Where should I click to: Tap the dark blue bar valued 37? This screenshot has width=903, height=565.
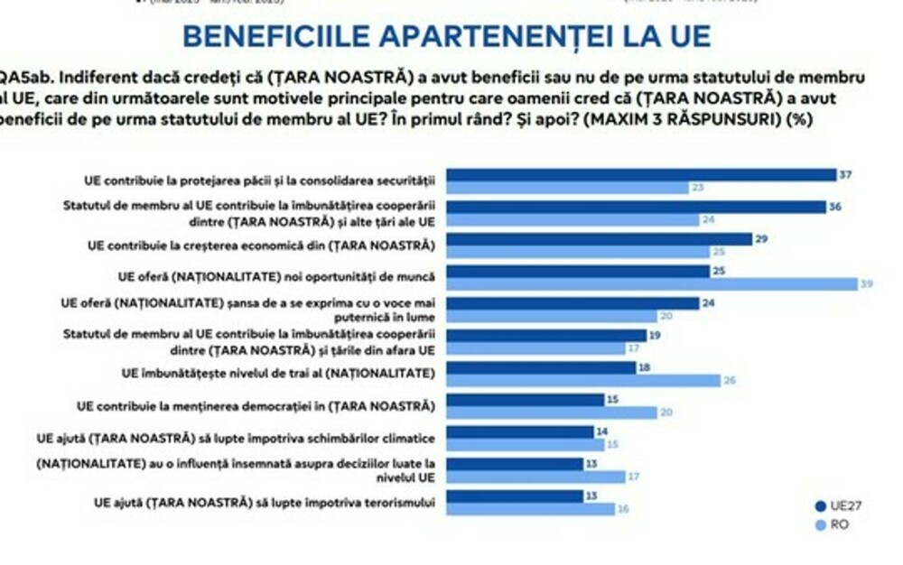tap(642, 175)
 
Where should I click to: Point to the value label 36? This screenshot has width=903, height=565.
tap(836, 207)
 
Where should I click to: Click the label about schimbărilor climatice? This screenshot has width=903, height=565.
tap(237, 438)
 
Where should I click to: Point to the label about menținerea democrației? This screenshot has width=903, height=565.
tap(257, 405)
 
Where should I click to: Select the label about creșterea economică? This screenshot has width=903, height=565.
tap(262, 245)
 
